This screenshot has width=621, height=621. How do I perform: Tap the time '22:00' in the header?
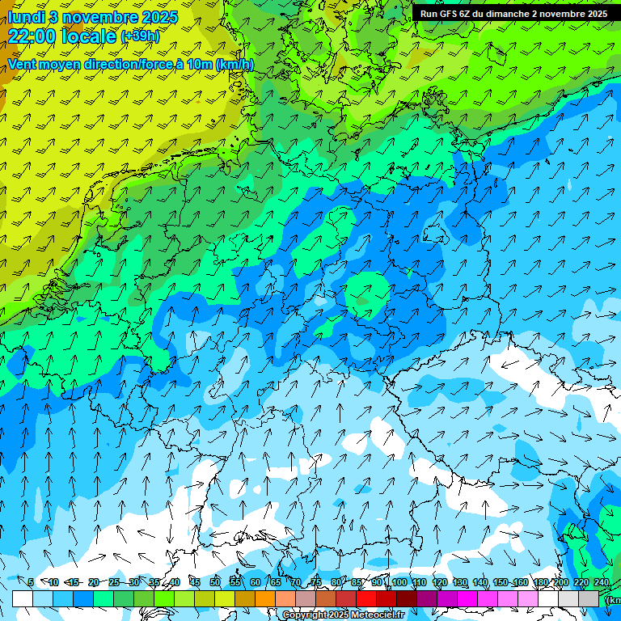tap(33, 36)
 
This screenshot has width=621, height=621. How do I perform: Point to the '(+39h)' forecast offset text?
tap(140, 36)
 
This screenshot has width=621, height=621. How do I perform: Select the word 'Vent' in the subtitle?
tap(23, 64)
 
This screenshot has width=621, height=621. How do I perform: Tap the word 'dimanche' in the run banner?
tap(509, 14)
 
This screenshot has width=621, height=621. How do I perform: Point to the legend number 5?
tap(30, 582)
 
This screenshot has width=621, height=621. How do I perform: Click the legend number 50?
tap(215, 582)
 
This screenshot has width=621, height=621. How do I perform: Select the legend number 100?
tap(399, 582)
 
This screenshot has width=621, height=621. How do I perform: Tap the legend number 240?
tap(602, 582)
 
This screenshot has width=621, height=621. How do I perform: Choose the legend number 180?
tap(541, 582)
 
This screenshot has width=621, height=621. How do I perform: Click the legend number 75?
tap(316, 582)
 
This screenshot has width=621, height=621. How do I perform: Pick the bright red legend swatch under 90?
tap(366, 598)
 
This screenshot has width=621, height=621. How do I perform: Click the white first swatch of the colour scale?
tap(23, 598)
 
